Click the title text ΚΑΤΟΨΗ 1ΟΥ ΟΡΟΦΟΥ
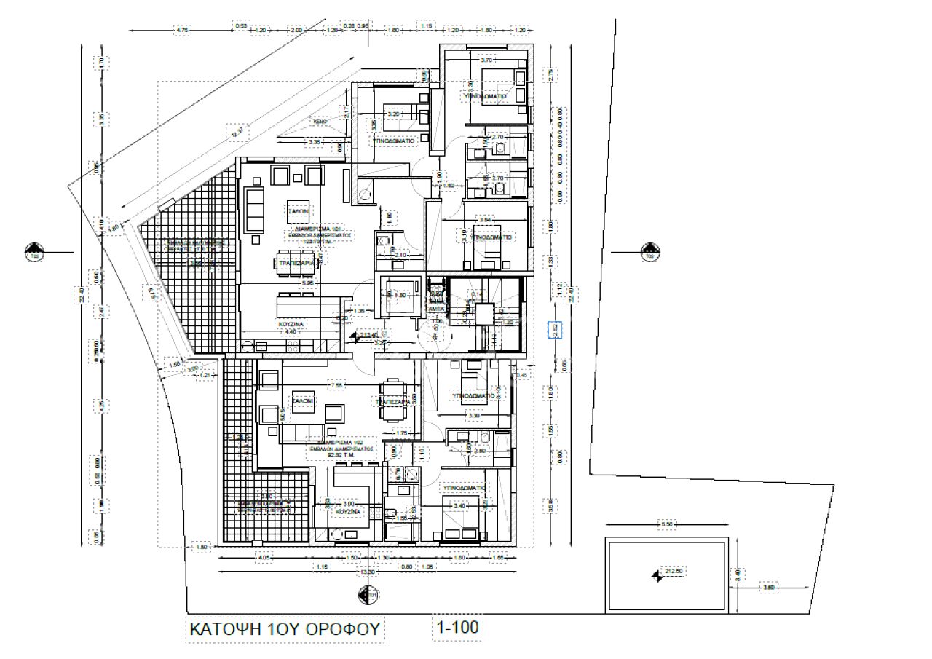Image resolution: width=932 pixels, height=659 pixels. coord(285,629)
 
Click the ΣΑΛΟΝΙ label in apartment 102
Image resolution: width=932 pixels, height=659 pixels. coord(302,401)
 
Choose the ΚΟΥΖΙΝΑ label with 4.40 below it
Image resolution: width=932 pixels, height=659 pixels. coord(290,323)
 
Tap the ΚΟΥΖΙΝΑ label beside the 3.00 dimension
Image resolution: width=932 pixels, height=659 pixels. coord(348,513)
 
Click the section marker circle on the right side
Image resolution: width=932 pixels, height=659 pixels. coord(649,253)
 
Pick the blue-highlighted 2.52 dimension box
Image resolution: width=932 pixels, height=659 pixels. coord(555,329)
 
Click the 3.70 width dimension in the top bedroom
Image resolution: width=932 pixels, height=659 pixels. coord(488,60)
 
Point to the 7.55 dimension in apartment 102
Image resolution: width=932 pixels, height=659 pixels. coord(337,384)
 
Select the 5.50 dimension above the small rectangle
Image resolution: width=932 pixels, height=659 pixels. coord(665,524)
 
